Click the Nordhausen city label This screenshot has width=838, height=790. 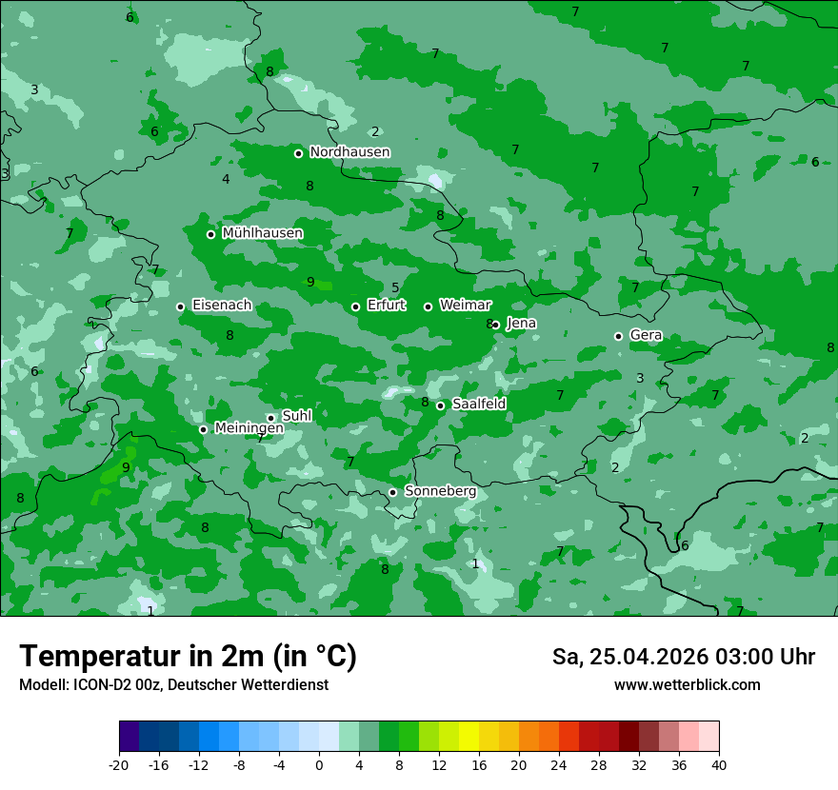pos(349,152)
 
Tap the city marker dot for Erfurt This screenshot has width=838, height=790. pos(355,306)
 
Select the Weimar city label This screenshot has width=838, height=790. pos(465,306)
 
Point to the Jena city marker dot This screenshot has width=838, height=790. pos(495,325)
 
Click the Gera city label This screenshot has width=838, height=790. pos(646,336)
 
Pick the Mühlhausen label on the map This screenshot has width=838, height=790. pos(262,233)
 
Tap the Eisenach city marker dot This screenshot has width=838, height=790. pos(180,306)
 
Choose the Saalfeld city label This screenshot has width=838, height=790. pos(478,405)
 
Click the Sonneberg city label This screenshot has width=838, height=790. pos(440,491)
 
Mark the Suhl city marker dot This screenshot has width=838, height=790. pos(270,418)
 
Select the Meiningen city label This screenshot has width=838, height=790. pos(249,428)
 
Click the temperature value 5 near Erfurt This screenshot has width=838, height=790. pos(395,288)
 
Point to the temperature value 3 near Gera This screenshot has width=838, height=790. pos(640,378)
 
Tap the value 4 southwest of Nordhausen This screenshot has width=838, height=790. pos(226,179)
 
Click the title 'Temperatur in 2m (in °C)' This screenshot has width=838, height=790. pos(188,657)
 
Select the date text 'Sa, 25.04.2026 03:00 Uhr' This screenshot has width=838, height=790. pos(683,657)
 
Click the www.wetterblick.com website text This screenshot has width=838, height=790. pos(687,684)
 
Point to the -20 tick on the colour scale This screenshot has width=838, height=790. pos(119,764)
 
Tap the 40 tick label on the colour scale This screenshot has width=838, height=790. pos(719,764)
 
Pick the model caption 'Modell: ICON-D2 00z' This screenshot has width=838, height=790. pos(90,684)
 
